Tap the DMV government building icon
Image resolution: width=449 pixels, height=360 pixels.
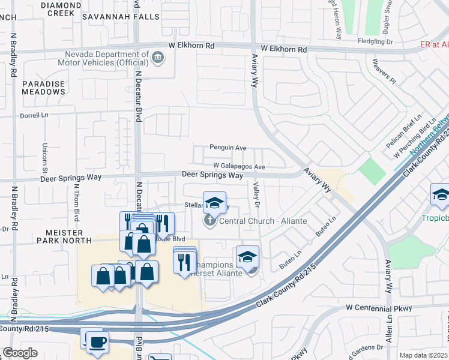[x=158, y=58]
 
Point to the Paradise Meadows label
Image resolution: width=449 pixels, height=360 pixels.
[x=43, y=88]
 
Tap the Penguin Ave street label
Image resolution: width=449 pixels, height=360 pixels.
[x=228, y=147]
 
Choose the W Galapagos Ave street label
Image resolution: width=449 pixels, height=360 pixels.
[x=239, y=166]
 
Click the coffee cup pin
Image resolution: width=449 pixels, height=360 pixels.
[x=97, y=343]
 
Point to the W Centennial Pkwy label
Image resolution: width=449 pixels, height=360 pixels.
[x=379, y=308]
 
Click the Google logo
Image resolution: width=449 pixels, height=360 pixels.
[x=20, y=353]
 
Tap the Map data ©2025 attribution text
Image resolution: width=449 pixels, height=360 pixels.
[x=424, y=355]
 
